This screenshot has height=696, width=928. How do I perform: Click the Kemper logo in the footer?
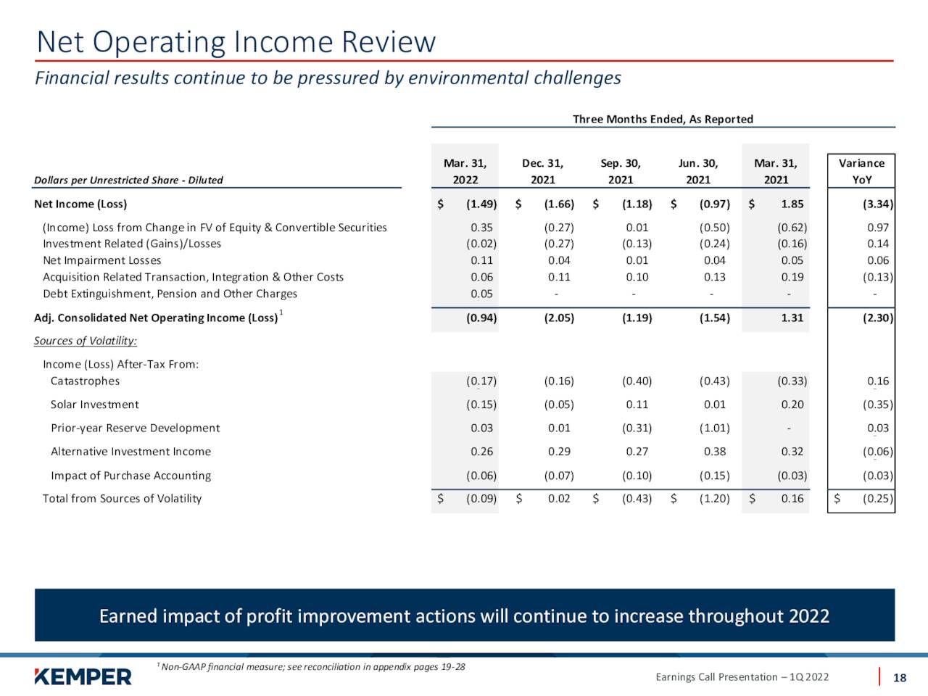[83, 676]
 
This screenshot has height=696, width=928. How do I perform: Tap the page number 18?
[900, 678]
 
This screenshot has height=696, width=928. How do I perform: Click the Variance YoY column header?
[861, 171]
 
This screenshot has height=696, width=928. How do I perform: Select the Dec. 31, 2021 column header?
[542, 171]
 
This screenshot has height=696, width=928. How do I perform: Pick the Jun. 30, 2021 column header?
[698, 171]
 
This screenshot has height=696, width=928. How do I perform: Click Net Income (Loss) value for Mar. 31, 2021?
[792, 204]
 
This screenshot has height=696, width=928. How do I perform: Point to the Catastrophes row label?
[85, 381]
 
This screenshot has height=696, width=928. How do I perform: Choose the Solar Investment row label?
[95, 405]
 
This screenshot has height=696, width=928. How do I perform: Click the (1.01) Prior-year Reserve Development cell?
[715, 428]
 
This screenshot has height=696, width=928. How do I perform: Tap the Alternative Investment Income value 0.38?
[715, 452]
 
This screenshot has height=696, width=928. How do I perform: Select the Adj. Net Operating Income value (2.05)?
[559, 318]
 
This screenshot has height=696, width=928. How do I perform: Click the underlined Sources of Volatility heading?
[86, 341]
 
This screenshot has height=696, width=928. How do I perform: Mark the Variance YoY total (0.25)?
[878, 499]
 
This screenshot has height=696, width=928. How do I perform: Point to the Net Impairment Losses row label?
[102, 260]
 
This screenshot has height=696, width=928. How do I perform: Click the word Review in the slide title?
[388, 42]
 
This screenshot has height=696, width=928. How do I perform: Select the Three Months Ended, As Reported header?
[663, 119]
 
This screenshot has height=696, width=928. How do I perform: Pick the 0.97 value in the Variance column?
[878, 228]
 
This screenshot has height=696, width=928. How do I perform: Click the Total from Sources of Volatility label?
[123, 499]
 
